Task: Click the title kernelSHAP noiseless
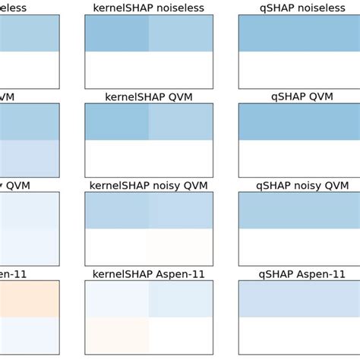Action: click(149, 8)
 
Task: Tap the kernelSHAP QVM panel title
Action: click(149, 96)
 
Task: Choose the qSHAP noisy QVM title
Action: click(302, 185)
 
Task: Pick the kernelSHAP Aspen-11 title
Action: click(149, 273)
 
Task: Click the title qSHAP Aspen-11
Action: click(302, 273)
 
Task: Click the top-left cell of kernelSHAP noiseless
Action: click(117, 33)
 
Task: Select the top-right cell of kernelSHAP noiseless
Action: click(181, 33)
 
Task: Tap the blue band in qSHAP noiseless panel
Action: click(302, 33)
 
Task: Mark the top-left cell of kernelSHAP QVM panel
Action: click(117, 122)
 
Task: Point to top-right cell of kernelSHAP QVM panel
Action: click(181, 122)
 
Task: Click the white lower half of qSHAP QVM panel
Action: click(302, 159)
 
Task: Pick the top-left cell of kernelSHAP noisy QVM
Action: click(117, 210)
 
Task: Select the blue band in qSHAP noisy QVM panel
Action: click(302, 210)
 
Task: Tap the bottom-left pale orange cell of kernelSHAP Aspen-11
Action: click(117, 336)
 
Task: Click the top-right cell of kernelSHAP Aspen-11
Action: click(181, 298)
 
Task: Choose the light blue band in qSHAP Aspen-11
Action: click(302, 298)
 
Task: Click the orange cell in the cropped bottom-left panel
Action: click(29, 298)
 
